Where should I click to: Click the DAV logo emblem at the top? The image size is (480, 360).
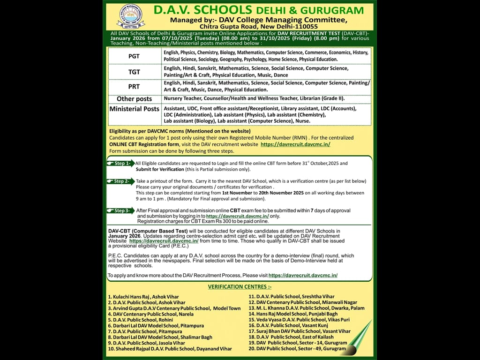pos(131,17)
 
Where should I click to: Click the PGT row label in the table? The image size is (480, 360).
pos(134,56)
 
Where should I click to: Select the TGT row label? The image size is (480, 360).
pos(134,72)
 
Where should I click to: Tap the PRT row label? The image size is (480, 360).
pos(134,87)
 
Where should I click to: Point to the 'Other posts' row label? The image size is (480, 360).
pos(134,99)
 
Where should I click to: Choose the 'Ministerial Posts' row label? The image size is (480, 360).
pos(134,109)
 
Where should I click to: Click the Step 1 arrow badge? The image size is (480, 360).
pos(120,164)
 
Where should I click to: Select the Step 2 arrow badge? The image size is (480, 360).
pos(120,181)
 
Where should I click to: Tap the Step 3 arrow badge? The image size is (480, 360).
pos(120,210)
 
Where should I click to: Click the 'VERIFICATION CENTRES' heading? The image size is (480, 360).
pos(240,287)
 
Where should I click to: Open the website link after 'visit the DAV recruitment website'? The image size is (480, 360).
pos(295,144)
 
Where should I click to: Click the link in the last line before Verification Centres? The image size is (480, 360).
pos(303,276)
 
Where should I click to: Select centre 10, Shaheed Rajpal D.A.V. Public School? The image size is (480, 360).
pos(170,349)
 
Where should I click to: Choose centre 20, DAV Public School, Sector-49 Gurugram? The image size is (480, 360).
pos(297,348)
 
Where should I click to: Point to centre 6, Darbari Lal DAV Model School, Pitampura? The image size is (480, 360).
pos(156,326)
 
